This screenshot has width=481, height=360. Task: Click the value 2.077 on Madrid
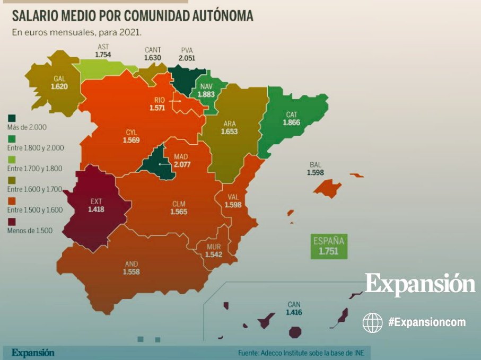pos(182,164)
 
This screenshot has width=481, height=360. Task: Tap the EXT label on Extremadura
pos(96,201)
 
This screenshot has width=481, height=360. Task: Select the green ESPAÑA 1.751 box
pos(329,246)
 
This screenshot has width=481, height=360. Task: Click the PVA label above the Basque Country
pos(187,50)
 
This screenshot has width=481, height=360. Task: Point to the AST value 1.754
pos(103,54)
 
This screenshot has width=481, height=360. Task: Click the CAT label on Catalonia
pos(292,115)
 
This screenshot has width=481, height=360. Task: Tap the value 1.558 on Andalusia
pos(131,271)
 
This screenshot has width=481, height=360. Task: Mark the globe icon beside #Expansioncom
pos(372,322)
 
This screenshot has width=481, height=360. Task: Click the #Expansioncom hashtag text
pos(426,322)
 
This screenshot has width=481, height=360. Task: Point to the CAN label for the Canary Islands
pos(294,305)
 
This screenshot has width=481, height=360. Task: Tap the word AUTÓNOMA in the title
pos(220,16)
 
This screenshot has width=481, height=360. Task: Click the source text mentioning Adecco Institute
pos(304,353)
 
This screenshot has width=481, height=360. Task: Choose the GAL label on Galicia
pos(59,77)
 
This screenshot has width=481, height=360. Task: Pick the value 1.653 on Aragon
pos(229,131)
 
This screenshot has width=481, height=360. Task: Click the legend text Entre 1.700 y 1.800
pos(35,169)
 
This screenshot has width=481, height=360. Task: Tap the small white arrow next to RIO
pos(176,101)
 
